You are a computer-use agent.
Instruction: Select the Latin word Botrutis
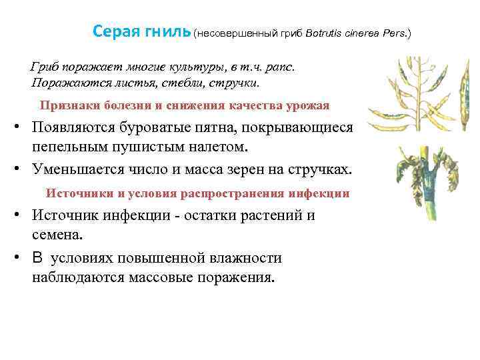pyautogui.click(x=327, y=33)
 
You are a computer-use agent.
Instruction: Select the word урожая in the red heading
pyautogui.click(x=309, y=105)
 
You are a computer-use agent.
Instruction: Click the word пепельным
pyautogui.click(x=74, y=146)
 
